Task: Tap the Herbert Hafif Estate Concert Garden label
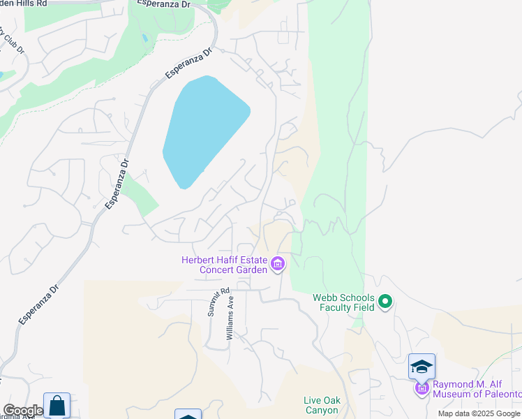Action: click(x=225, y=265)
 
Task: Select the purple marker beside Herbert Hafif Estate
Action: click(x=278, y=264)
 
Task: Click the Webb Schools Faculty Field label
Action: click(x=343, y=302)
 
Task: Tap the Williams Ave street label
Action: click(x=230, y=318)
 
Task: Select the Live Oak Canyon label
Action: click(x=321, y=405)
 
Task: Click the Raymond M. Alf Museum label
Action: click(x=477, y=389)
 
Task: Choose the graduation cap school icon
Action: click(x=422, y=366)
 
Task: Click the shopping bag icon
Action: click(x=57, y=406)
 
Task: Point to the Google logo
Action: click(x=22, y=411)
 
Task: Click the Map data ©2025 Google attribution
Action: click(x=479, y=413)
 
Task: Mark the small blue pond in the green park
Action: click(x=144, y=38)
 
